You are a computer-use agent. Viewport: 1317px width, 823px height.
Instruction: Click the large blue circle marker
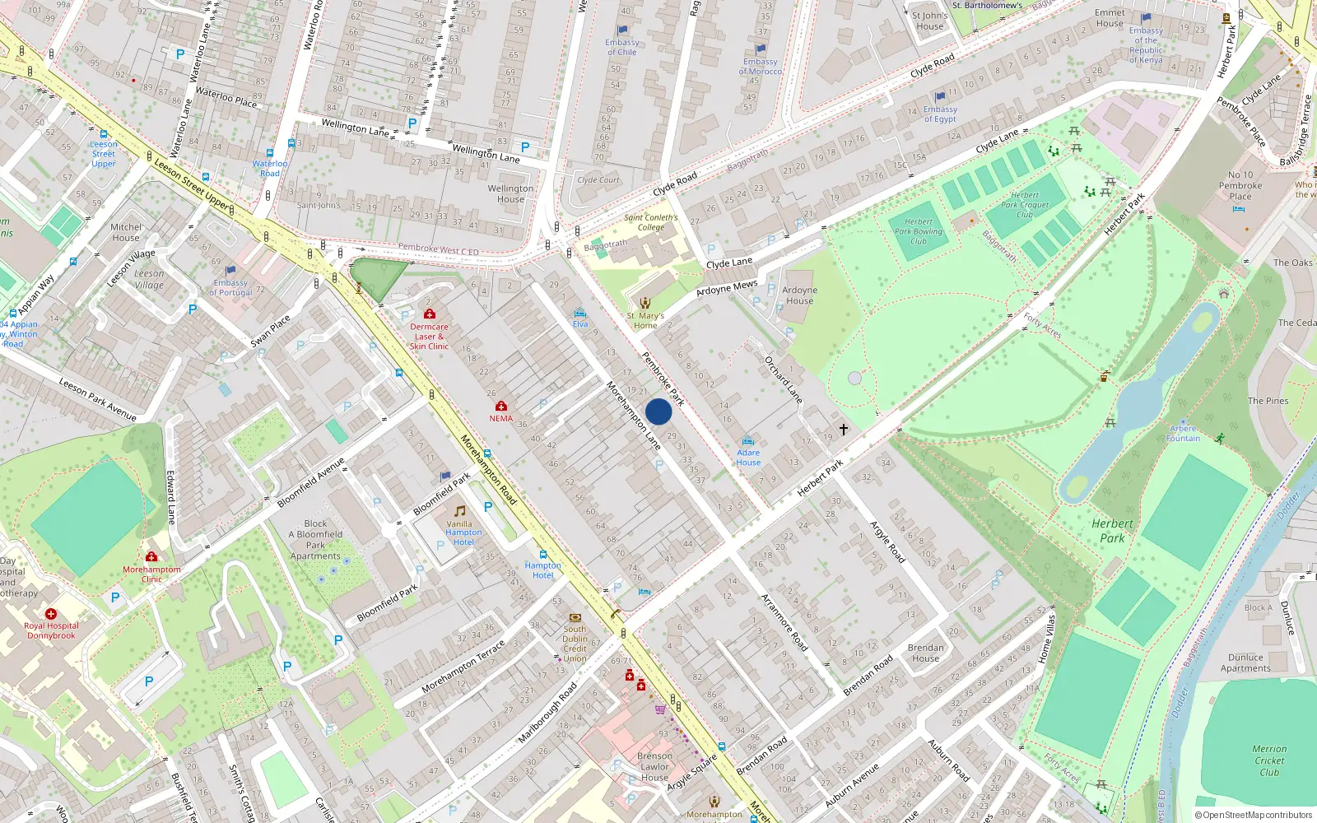(658, 411)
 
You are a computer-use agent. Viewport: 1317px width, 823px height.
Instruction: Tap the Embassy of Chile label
(621, 47)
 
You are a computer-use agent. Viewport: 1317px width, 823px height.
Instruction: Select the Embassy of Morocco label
(761, 66)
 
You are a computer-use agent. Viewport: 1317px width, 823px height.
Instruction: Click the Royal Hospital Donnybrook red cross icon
(51, 614)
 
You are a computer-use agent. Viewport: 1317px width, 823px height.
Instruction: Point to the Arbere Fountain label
(1183, 433)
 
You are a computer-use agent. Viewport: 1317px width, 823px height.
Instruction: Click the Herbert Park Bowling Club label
(919, 231)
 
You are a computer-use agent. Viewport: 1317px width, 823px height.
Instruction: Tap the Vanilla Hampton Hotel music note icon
(460, 511)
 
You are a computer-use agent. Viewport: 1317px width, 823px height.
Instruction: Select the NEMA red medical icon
(500, 406)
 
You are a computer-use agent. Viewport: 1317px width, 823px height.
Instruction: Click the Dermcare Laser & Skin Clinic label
(429, 336)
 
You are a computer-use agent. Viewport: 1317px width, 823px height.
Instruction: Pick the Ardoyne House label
(799, 295)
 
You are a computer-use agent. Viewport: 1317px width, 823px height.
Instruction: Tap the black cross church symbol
(844, 430)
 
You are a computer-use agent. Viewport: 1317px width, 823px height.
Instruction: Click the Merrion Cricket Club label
(1269, 760)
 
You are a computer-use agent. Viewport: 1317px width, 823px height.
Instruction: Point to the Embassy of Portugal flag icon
(230, 270)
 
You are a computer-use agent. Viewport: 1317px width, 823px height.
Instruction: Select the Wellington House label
(510, 193)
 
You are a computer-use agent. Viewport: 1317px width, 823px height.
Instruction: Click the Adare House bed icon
(747, 442)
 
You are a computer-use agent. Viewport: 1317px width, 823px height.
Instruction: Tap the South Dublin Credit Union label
(575, 644)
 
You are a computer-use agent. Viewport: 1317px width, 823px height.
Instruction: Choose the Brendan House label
(925, 653)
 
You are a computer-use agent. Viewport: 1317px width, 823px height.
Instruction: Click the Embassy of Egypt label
(940, 114)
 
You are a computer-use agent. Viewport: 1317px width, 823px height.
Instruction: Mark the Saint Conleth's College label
(650, 222)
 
